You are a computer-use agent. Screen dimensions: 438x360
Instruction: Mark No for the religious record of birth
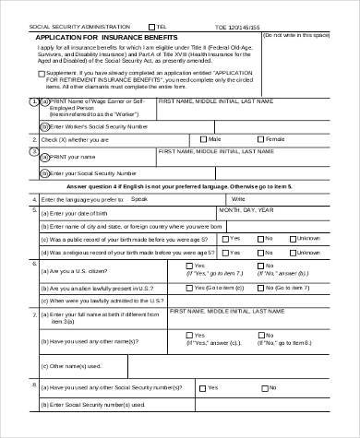point(261,250)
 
